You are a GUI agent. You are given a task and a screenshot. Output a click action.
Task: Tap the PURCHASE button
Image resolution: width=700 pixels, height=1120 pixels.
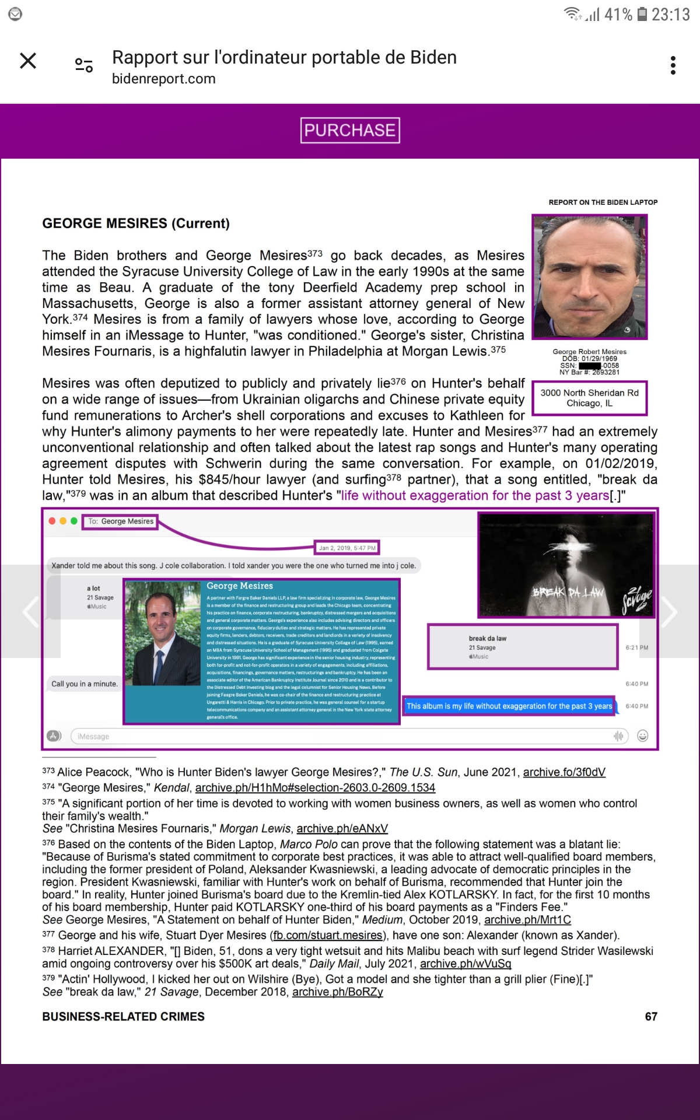(x=350, y=130)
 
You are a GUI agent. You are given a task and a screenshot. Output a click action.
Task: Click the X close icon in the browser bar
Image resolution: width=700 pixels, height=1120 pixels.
(x=28, y=61)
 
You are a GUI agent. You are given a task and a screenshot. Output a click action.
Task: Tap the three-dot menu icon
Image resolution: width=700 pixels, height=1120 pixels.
(x=673, y=65)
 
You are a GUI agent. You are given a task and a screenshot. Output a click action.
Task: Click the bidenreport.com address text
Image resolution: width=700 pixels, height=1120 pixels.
(x=164, y=79)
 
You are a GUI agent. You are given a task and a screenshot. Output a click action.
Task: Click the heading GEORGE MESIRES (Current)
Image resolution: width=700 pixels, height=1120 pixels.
(x=136, y=223)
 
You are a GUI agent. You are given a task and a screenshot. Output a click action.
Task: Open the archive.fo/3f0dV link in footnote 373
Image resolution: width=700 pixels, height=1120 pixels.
(x=564, y=772)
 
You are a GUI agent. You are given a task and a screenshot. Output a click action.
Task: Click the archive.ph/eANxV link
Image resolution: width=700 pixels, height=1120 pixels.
(x=342, y=828)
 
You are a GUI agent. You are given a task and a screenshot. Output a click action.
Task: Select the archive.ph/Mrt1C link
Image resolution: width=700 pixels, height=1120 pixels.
(x=527, y=920)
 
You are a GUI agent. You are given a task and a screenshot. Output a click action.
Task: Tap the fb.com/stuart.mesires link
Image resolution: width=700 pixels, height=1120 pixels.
(x=327, y=936)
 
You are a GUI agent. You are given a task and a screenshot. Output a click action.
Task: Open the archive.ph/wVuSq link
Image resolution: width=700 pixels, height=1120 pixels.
(x=466, y=964)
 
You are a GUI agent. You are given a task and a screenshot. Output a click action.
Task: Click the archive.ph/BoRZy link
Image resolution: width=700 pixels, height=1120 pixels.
(x=337, y=992)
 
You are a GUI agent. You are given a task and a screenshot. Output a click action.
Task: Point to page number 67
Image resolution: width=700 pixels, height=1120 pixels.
(x=651, y=1017)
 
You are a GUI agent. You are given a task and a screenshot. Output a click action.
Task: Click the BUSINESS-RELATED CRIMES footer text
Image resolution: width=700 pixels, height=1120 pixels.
(x=123, y=1017)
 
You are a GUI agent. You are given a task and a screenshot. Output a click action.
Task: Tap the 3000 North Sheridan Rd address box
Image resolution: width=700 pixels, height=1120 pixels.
(x=589, y=398)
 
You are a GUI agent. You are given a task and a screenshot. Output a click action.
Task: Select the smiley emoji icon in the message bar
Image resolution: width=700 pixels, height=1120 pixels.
(x=643, y=736)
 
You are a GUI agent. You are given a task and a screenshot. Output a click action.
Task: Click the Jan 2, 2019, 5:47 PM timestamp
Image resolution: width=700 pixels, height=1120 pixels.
(x=347, y=548)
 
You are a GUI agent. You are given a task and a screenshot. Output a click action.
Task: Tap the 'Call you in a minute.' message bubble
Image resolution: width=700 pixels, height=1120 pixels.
(x=85, y=684)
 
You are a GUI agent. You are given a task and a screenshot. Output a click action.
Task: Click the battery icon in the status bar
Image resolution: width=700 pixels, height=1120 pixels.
(x=642, y=14)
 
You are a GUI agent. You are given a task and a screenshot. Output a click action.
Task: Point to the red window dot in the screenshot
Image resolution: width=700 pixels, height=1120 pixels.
(x=52, y=521)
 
